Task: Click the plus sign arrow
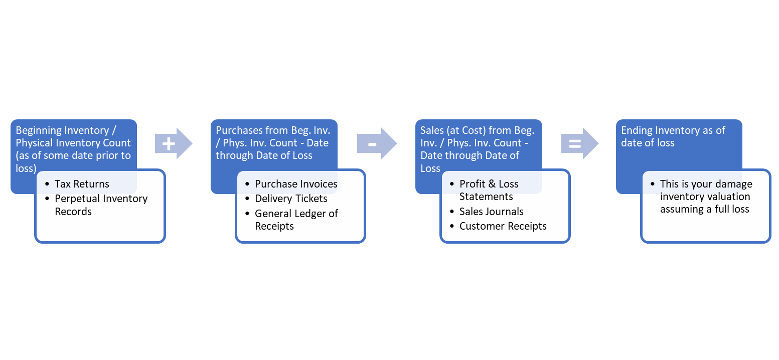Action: [x=173, y=144]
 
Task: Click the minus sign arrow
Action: [x=376, y=144]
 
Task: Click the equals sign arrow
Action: [x=579, y=144]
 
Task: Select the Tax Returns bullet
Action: [x=82, y=184]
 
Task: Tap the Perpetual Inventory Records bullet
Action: [x=101, y=205]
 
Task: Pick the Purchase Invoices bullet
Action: [x=296, y=184]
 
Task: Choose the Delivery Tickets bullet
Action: [x=291, y=199]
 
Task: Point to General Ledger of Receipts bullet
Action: [x=296, y=220]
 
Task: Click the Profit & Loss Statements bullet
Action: [x=489, y=190]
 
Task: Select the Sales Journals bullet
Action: [x=491, y=212]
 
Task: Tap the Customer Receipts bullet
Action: [x=503, y=226]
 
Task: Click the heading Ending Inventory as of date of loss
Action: [x=673, y=136]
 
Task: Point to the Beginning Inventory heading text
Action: [x=73, y=149]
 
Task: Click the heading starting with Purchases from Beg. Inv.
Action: [x=272, y=143]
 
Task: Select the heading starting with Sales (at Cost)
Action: [x=477, y=149]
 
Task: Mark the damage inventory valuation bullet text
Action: [x=705, y=197]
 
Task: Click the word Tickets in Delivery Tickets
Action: [x=310, y=199]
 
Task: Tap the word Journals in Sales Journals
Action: [x=505, y=212]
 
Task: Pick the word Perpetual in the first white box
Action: [x=76, y=199]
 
